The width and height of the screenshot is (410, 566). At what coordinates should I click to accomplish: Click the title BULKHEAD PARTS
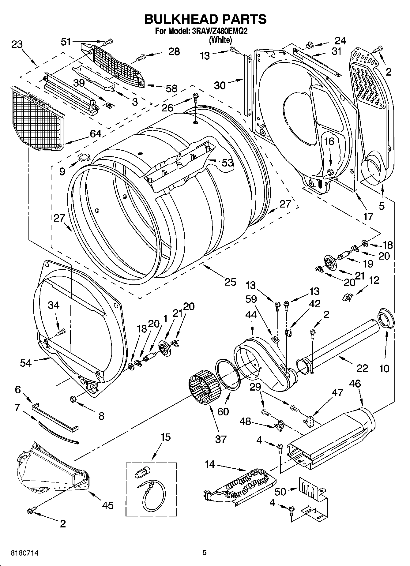pyautogui.click(x=205, y=19)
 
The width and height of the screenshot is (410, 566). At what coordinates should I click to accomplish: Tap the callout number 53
pyautogui.click(x=227, y=163)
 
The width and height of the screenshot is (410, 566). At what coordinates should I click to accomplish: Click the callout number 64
pyautogui.click(x=96, y=134)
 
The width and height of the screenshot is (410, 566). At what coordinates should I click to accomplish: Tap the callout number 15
pyautogui.click(x=165, y=437)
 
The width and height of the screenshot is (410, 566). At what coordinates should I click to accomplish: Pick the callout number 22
pyautogui.click(x=362, y=368)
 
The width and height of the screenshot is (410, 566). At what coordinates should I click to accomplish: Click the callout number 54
pyautogui.click(x=26, y=363)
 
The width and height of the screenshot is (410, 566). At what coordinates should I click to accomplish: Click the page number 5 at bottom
pyautogui.click(x=204, y=553)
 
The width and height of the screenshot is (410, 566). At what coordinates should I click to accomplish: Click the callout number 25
pyautogui.click(x=230, y=282)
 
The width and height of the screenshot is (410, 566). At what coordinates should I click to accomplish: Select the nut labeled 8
pyautogui.click(x=73, y=399)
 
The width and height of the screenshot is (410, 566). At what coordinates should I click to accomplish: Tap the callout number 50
pyautogui.click(x=280, y=492)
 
